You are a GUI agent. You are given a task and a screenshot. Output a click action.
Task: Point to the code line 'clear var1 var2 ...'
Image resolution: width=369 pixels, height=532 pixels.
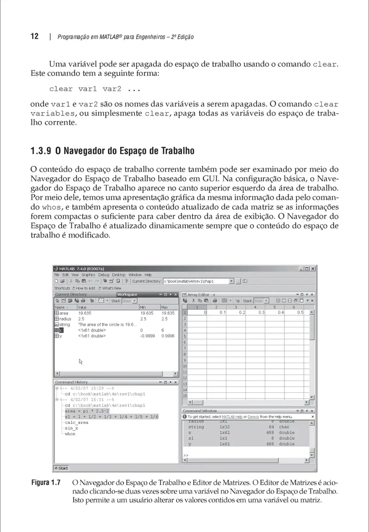[x=94, y=89]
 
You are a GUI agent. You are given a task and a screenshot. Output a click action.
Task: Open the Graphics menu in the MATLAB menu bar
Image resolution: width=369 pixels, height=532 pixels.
[x=88, y=275]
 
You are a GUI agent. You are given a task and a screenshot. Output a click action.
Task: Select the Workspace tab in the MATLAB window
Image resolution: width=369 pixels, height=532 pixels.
[x=127, y=294]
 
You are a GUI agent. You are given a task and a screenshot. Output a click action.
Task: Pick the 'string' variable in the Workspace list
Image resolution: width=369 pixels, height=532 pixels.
[x=64, y=325]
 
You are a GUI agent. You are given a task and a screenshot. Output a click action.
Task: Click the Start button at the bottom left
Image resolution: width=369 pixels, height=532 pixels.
[x=61, y=468]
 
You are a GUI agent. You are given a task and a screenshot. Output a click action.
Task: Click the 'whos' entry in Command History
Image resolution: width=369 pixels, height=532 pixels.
[x=70, y=434]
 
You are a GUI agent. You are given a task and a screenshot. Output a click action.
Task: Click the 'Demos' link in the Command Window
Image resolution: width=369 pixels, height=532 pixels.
[x=253, y=417]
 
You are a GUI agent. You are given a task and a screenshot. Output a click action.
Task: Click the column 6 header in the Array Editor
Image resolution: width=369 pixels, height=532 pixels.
[x=294, y=307]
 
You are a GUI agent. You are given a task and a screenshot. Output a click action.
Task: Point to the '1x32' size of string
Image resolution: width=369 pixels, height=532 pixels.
[x=224, y=427]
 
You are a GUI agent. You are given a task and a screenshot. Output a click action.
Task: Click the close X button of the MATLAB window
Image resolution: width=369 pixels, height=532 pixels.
[x=313, y=269]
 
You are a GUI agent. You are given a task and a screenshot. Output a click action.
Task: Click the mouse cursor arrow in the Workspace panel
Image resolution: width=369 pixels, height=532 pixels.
[x=81, y=361]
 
